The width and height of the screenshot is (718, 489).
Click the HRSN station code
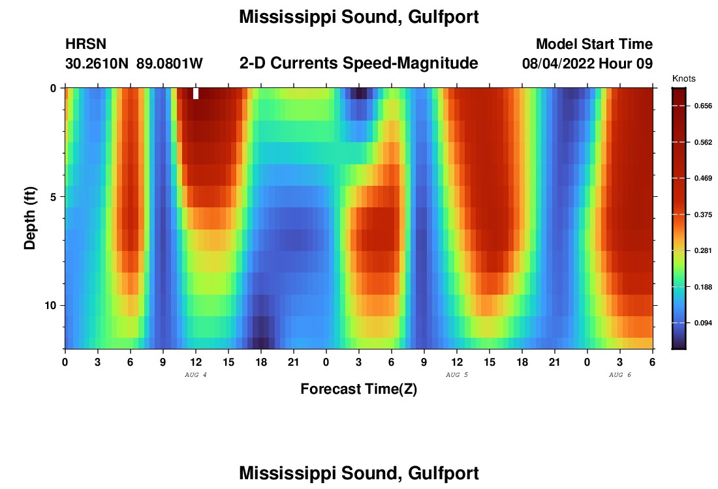[x=86, y=44]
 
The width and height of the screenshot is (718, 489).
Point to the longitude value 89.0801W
[x=170, y=64]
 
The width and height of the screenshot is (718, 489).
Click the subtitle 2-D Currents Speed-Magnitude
[x=359, y=63]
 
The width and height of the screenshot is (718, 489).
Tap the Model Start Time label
[x=594, y=44]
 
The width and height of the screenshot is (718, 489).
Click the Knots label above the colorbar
[x=684, y=79]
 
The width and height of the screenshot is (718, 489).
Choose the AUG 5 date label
[x=457, y=375]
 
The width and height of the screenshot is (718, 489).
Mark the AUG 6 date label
[x=620, y=375]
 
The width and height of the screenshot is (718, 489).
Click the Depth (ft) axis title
[x=30, y=218]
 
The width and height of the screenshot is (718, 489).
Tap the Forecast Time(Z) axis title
[x=358, y=390]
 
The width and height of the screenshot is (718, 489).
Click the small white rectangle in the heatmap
[x=196, y=93]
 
